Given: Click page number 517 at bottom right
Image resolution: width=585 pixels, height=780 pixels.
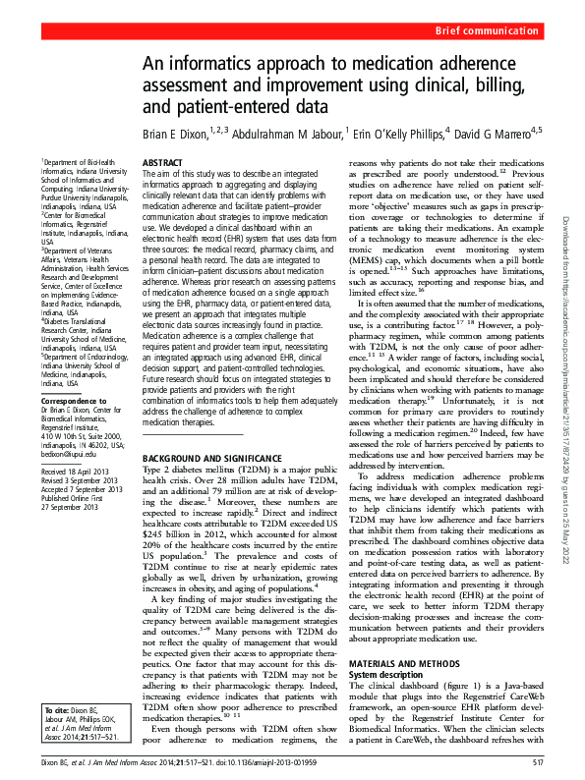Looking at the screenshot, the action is point(537,762).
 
